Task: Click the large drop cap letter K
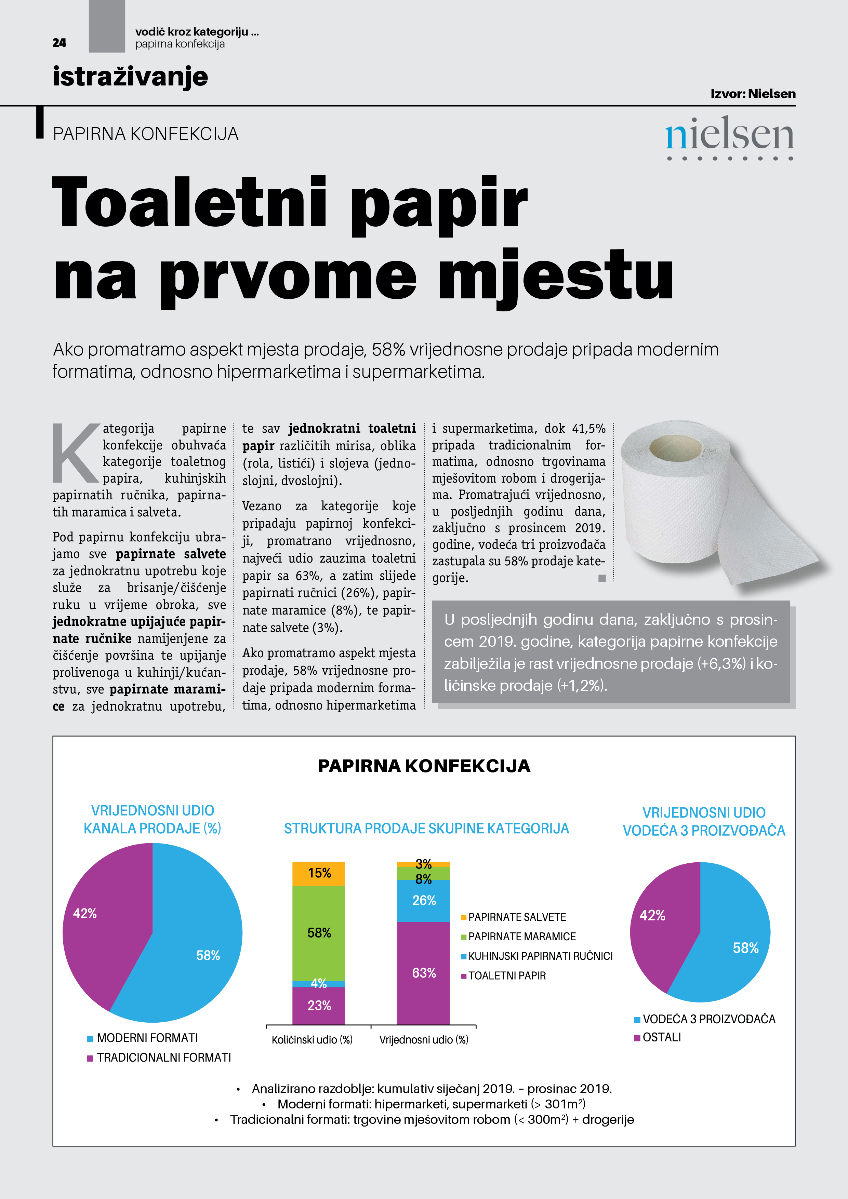click(x=76, y=453)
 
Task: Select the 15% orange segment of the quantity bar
click(x=319, y=873)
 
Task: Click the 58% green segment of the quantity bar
click(x=319, y=933)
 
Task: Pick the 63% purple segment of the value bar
click(x=423, y=973)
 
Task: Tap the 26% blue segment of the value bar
click(x=423, y=900)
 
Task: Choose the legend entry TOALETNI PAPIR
click(x=506, y=975)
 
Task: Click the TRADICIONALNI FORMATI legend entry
click(x=163, y=1057)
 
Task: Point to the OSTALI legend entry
click(x=661, y=1037)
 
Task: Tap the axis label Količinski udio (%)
click(x=312, y=1040)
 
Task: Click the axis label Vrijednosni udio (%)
click(x=423, y=1040)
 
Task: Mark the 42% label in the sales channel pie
click(x=85, y=913)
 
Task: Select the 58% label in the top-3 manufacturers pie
click(x=746, y=948)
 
